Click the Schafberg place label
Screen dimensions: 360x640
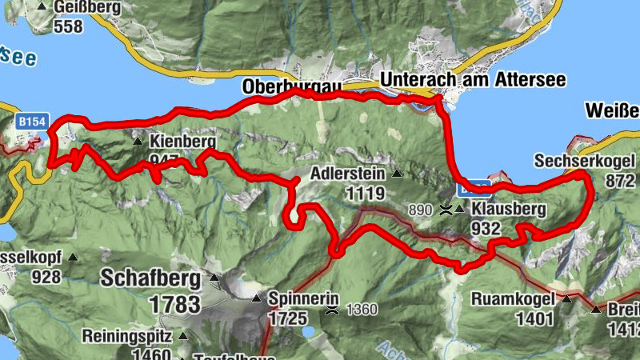click(x=150, y=278)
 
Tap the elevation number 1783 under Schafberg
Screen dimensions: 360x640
click(x=174, y=304)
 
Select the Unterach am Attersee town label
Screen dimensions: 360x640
click(x=473, y=80)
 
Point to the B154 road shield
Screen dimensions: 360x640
click(x=32, y=121)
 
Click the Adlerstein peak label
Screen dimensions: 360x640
click(x=346, y=174)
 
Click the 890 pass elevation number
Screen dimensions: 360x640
click(x=421, y=210)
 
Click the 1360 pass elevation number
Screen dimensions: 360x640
click(x=362, y=309)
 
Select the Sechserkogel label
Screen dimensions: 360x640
click(x=585, y=162)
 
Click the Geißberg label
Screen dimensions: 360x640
click(x=88, y=8)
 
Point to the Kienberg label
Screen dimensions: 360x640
click(x=182, y=142)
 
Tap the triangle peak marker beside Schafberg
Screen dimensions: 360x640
click(x=214, y=278)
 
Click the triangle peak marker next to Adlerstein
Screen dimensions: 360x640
click(x=395, y=174)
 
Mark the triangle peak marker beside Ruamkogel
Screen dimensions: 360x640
click(x=566, y=300)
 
